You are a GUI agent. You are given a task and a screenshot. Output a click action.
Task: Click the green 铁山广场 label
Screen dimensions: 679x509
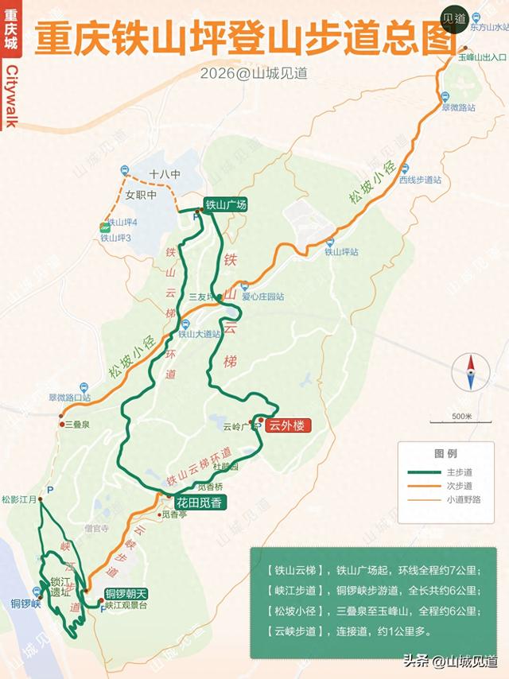(x=226, y=204)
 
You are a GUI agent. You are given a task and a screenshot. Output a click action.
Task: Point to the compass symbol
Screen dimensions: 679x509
(x=470, y=372)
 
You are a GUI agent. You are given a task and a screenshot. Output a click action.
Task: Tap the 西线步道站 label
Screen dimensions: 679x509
(x=420, y=180)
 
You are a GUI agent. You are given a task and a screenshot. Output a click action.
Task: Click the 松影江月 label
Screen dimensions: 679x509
(x=19, y=500)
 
